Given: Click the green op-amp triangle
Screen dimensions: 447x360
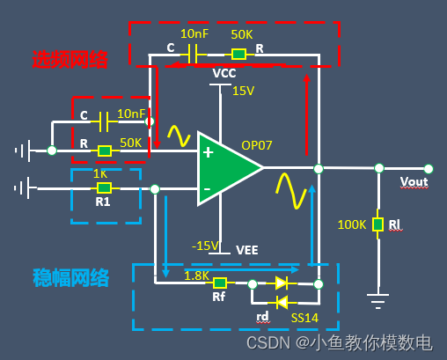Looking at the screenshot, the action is pyautogui.click(x=226, y=168).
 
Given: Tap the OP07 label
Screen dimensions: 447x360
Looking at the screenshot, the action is pyautogui.click(x=257, y=145).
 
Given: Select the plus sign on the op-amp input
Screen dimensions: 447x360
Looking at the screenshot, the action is pyautogui.click(x=208, y=152).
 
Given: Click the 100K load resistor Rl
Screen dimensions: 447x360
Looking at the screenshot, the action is pyautogui.click(x=377, y=224).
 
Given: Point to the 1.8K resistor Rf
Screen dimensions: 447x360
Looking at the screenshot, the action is pyautogui.click(x=220, y=283).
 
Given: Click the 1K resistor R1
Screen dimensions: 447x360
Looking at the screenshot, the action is pyautogui.click(x=104, y=187).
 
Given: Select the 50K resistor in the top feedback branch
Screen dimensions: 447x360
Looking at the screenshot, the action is pyautogui.click(x=238, y=55).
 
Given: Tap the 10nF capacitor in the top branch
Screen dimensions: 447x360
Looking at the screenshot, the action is pyautogui.click(x=193, y=55).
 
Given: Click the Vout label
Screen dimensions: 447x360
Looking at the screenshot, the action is pyautogui.click(x=414, y=182).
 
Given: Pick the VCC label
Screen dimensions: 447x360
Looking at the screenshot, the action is pyautogui.click(x=224, y=73).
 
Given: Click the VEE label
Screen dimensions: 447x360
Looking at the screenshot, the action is pyautogui.click(x=247, y=250).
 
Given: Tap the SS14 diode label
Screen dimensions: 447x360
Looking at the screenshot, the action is pyautogui.click(x=304, y=318).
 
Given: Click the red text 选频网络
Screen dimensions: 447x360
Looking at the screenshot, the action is pyautogui.click(x=70, y=60).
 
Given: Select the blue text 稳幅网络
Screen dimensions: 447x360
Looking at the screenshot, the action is pyautogui.click(x=70, y=277).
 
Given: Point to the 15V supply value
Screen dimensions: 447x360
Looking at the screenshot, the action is pyautogui.click(x=243, y=91).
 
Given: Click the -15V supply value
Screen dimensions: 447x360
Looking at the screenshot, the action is pyautogui.click(x=205, y=246).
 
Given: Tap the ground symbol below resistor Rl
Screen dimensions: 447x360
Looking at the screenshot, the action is pyautogui.click(x=377, y=301).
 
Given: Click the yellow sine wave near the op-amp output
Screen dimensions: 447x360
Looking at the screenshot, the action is pyautogui.click(x=291, y=191).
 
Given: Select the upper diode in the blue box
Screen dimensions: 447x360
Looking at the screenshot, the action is pyautogui.click(x=282, y=283).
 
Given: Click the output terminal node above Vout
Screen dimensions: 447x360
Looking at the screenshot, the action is pyautogui.click(x=429, y=169).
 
